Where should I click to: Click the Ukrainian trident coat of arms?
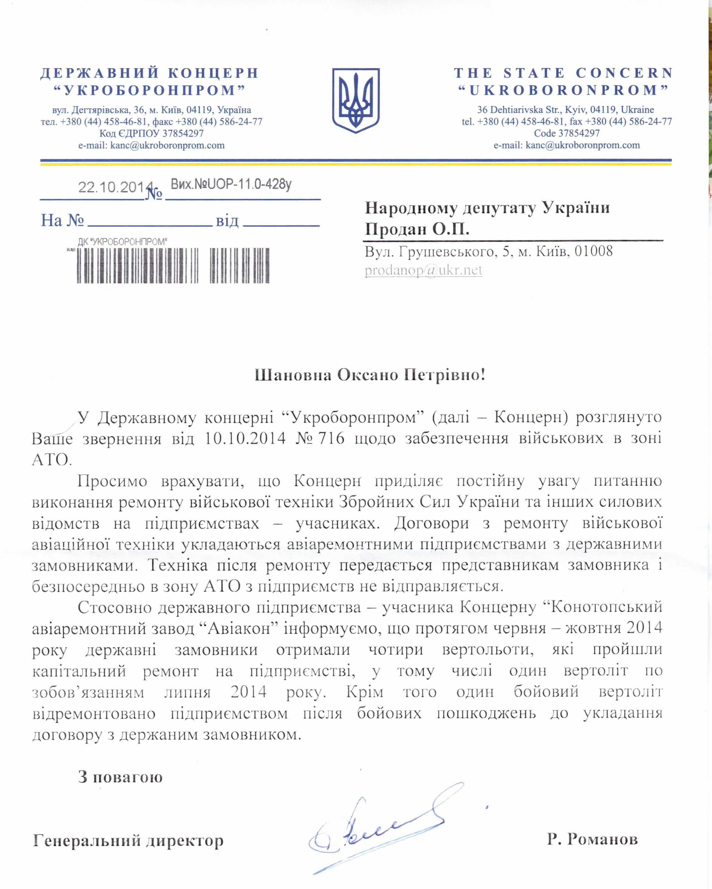(356, 100)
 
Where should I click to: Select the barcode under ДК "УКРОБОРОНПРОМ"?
(173, 266)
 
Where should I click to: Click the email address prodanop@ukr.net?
(423, 270)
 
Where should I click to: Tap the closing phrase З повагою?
(120, 777)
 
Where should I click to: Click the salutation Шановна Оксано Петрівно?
(370, 375)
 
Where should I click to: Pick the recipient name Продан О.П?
(417, 229)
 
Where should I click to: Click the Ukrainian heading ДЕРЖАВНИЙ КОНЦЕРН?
(149, 73)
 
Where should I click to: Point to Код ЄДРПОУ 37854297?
(151, 133)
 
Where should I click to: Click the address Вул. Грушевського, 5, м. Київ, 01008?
(489, 251)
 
